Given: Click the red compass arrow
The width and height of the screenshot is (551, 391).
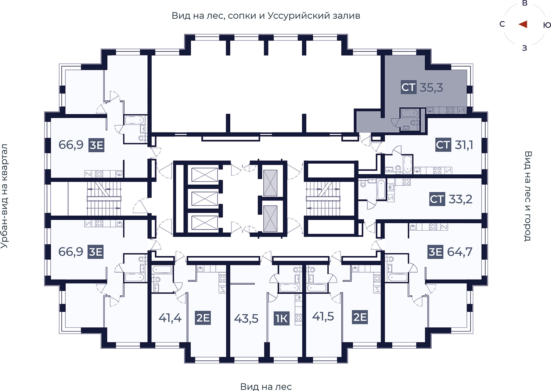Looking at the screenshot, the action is [523, 24].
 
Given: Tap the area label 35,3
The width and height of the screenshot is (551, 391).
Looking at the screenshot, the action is [431, 88].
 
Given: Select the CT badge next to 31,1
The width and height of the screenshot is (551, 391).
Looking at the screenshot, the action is [443, 145].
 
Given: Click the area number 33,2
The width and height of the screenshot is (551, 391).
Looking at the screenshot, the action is [460, 199].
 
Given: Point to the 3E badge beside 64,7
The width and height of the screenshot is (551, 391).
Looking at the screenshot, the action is [435, 252].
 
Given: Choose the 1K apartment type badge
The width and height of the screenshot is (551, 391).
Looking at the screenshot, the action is [282, 319].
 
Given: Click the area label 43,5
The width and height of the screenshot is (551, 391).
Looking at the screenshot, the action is [246, 319].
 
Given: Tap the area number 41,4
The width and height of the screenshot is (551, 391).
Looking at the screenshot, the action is [170, 318].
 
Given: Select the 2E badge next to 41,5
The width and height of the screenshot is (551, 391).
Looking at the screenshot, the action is [360, 317].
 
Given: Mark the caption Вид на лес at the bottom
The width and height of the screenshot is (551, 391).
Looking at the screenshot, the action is [266, 387].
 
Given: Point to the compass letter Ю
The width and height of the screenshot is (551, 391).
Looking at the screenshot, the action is [547, 25].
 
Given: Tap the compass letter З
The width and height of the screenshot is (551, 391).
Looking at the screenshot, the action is [525, 48].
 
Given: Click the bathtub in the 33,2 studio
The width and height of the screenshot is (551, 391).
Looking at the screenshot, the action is [381, 189].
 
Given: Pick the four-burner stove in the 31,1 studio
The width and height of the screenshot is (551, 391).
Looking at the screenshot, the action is [437, 171].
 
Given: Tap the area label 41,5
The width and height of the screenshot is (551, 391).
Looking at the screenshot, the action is [323, 317].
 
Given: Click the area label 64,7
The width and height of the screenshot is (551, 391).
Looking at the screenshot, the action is [460, 252].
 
